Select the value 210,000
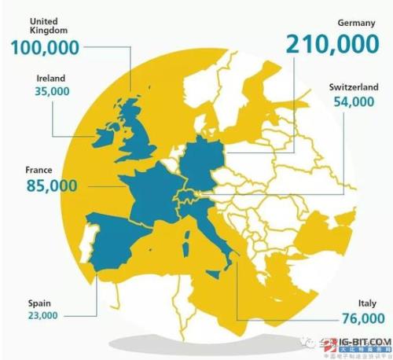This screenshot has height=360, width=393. point(323,45)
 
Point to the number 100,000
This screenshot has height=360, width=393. point(46,47)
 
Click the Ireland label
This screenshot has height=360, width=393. point(50,79)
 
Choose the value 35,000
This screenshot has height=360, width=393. point(53,91)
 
